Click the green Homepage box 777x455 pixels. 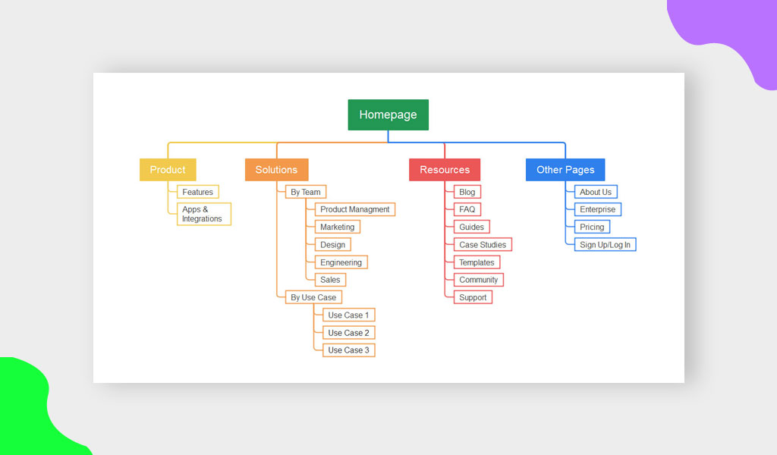pos(388,115)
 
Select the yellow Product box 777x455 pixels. pos(168,170)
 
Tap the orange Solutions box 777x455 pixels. pos(276,170)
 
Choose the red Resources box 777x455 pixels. pos(445,170)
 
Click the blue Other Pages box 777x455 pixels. pos(565,170)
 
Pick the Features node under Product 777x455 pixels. pos(198,192)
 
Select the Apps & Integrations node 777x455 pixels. pos(203,214)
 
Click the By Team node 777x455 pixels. pos(306,192)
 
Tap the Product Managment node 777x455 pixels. pos(355,209)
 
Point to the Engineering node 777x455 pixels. pos(341,262)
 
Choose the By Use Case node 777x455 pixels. pos(313,297)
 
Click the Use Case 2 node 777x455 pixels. pos(348,333)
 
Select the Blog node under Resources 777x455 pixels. pos(467,192)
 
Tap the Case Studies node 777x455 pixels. pos(483,245)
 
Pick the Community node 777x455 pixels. pos(479,280)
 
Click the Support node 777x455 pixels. pos(473,297)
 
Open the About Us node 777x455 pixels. pos(596,192)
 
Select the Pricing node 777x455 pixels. pos(592,227)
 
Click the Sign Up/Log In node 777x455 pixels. pos(605,245)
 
